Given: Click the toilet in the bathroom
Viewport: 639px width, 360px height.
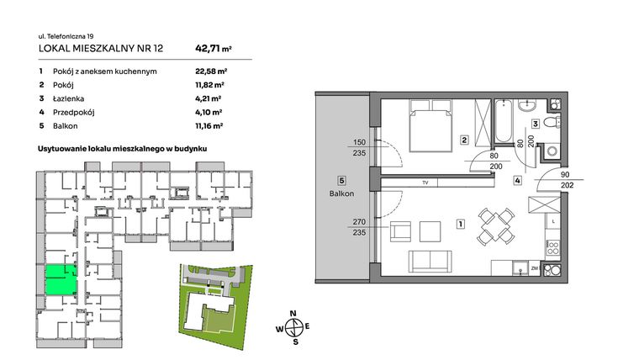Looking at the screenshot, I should pos(551,123).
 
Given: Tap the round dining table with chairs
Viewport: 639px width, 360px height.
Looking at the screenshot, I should pos(491,225).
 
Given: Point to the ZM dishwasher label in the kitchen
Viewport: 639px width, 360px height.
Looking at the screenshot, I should pos(534,269).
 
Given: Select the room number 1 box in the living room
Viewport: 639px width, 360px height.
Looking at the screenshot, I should pos(459,225).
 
